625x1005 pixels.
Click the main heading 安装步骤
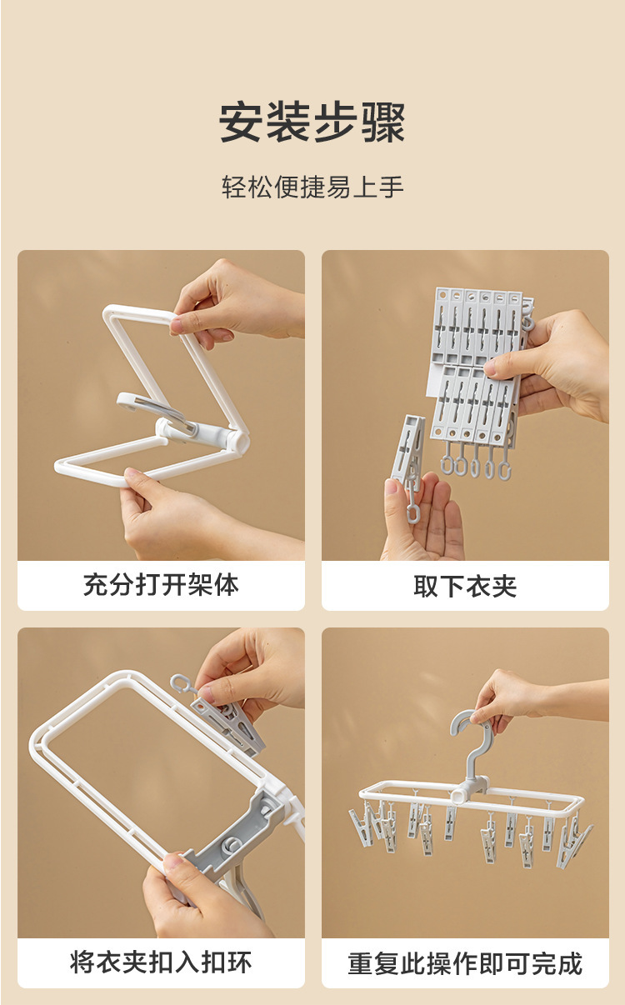pyautogui.click(x=312, y=122)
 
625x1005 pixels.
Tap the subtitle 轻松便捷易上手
pyautogui.click(x=312, y=187)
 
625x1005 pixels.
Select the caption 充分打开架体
pyautogui.click(x=161, y=585)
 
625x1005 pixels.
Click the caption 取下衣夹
pyautogui.click(x=465, y=586)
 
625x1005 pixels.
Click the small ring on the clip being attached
pyautogui.click(x=178, y=683)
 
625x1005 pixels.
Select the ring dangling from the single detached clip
pyautogui.click(x=412, y=512)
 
